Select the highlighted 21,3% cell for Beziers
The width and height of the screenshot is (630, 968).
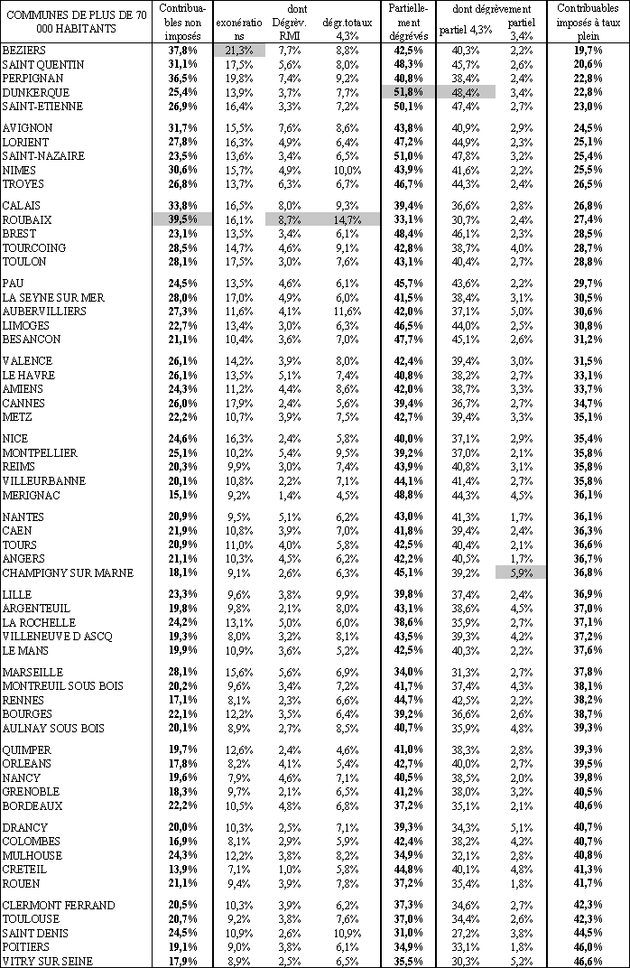point(238,51)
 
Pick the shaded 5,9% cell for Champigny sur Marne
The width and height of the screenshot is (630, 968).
point(521,572)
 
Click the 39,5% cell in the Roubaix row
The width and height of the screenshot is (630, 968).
point(183,219)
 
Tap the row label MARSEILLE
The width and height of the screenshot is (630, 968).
point(32,673)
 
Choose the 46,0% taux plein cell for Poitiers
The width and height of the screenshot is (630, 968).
point(588,946)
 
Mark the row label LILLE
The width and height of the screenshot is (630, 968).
point(17,594)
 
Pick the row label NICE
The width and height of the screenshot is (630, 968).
point(17,439)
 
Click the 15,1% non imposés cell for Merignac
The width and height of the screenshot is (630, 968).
point(183,495)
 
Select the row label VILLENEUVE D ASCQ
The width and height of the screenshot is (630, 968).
point(58,637)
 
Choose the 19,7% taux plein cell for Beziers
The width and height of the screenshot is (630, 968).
point(588,51)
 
